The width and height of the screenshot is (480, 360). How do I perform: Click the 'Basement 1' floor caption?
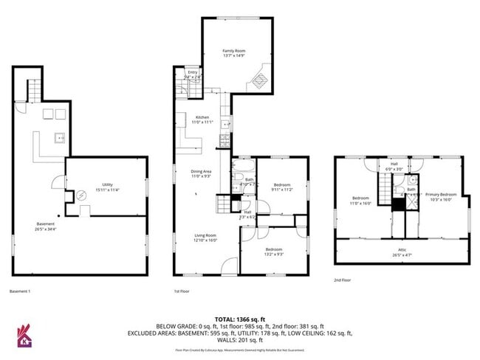click(20, 291)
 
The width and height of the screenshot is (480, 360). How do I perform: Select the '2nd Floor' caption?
click(342, 280)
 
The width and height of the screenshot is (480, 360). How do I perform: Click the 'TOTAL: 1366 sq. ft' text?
click(241, 316)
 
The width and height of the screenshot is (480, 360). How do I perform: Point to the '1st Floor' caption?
click(182, 291)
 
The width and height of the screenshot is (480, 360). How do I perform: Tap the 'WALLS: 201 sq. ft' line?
click(241, 342)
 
